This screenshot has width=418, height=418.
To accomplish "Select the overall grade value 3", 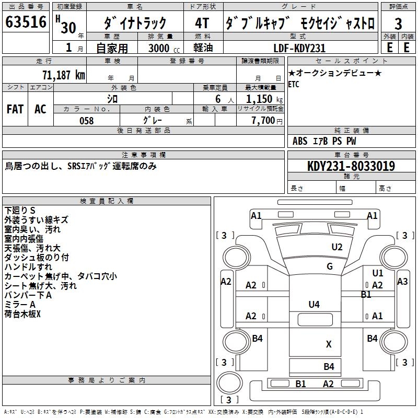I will (x=398, y=24).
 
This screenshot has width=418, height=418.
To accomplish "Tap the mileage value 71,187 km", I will (x=63, y=75).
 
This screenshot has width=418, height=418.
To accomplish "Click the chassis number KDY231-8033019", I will (x=351, y=166).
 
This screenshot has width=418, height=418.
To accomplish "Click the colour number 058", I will (x=86, y=121).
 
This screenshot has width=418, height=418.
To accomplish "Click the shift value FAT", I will (x=15, y=109).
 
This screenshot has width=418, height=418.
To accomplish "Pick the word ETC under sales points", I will (x=294, y=85).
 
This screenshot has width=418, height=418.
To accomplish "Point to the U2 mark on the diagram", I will (x=337, y=247).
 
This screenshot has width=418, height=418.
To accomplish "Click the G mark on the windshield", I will (x=329, y=266).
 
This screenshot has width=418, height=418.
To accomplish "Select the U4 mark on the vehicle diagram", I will (x=314, y=304).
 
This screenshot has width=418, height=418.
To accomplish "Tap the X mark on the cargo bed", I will (x=329, y=344).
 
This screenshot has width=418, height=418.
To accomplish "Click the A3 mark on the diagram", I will (x=402, y=282).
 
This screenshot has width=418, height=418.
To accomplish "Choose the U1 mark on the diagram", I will (x=378, y=273).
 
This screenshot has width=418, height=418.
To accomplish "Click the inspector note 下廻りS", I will (x=19, y=211).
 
